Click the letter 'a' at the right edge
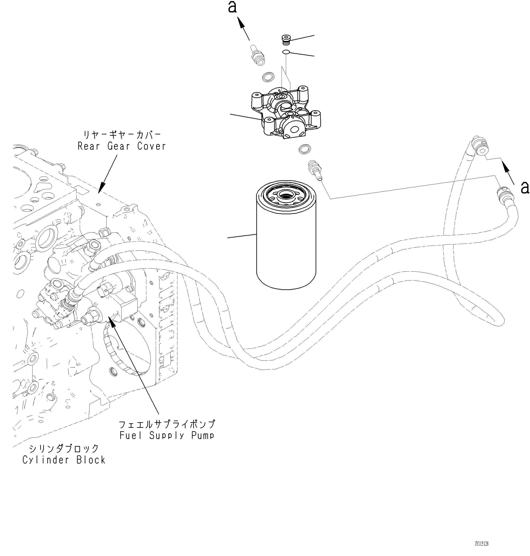point(525,188)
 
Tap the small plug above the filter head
point(287,40)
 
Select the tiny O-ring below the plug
point(286,52)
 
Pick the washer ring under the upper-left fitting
point(268,77)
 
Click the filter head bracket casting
point(285,113)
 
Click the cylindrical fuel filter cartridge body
point(286,243)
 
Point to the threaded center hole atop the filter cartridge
point(286,195)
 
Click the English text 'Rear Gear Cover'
point(122,146)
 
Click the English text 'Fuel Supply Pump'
point(167,435)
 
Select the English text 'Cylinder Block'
point(64,460)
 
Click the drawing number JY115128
point(482,544)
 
